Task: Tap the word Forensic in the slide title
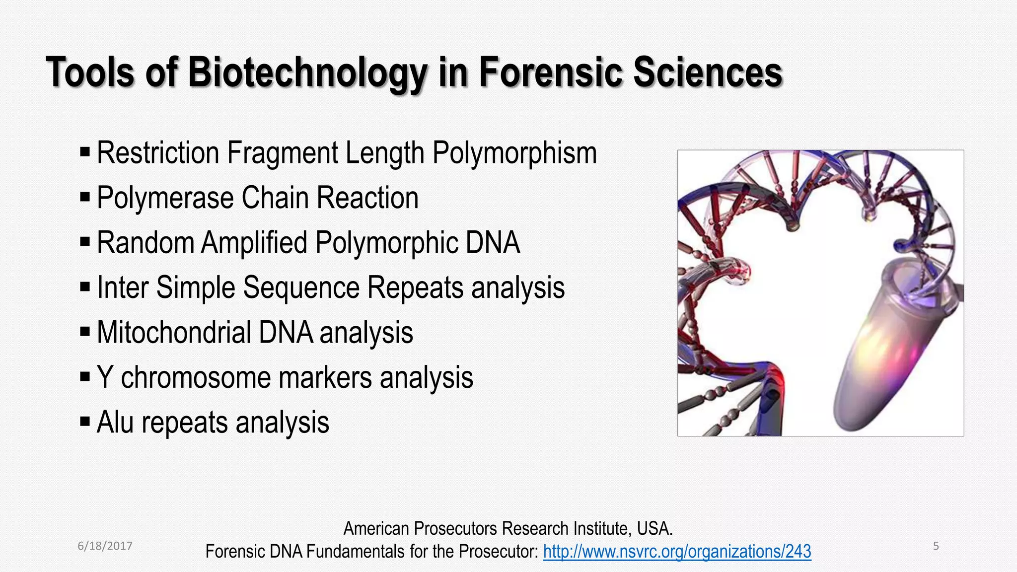(x=550, y=72)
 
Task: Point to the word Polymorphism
(x=514, y=153)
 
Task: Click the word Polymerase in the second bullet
(x=165, y=198)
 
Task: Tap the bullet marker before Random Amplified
(x=85, y=242)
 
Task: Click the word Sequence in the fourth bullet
(x=301, y=287)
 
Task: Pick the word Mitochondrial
(x=174, y=332)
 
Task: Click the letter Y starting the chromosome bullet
(x=104, y=377)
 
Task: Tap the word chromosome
(x=196, y=378)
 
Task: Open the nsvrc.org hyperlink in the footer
(x=677, y=551)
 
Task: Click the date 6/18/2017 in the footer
(x=105, y=546)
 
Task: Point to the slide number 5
(x=936, y=546)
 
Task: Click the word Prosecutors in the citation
(x=456, y=529)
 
